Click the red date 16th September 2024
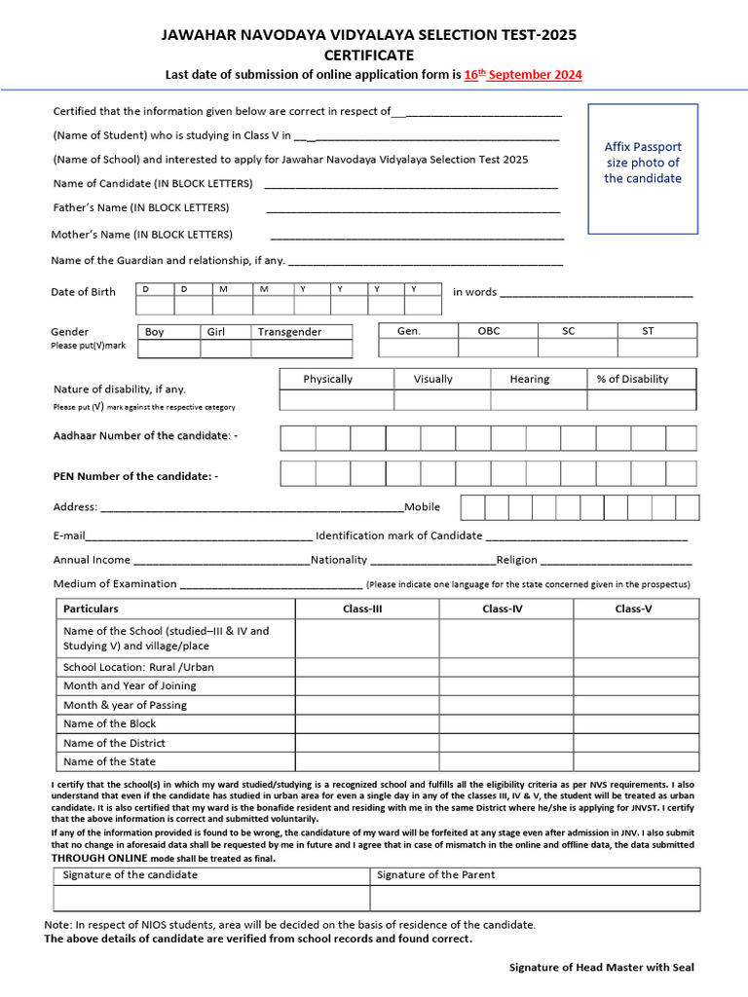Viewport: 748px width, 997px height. click(x=523, y=75)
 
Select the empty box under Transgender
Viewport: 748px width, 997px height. click(x=301, y=349)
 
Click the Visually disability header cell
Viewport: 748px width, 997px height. click(x=432, y=379)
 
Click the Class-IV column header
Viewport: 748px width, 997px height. click(x=505, y=609)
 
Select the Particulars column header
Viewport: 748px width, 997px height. click(x=91, y=609)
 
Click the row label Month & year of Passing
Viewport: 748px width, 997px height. click(x=125, y=705)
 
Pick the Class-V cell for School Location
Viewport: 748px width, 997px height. click(x=635, y=667)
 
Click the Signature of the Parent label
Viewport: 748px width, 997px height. click(x=435, y=874)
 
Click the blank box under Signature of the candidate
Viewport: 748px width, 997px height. click(x=210, y=898)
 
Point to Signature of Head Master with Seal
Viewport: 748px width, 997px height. click(x=602, y=967)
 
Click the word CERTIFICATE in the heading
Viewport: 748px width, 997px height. click(x=369, y=55)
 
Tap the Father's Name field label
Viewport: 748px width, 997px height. click(x=141, y=207)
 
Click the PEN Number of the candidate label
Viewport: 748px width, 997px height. click(x=135, y=476)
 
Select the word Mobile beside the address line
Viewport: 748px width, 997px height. click(x=423, y=506)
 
